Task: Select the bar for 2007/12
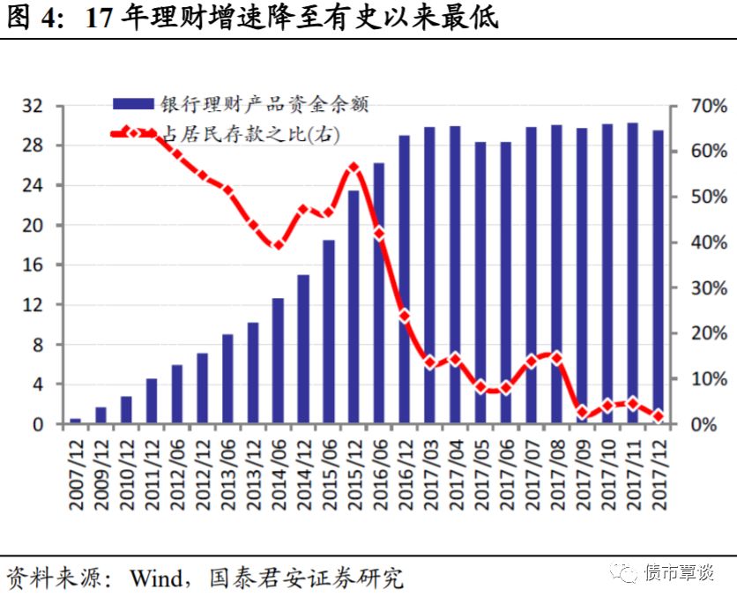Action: point(76,421)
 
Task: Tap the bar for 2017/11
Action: point(632,273)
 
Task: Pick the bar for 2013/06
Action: point(227,379)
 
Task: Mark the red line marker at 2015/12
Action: point(354,167)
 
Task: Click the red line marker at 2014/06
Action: point(278,244)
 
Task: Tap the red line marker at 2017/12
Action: point(658,415)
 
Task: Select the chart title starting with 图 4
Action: point(251,18)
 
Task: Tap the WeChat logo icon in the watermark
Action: point(624,575)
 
